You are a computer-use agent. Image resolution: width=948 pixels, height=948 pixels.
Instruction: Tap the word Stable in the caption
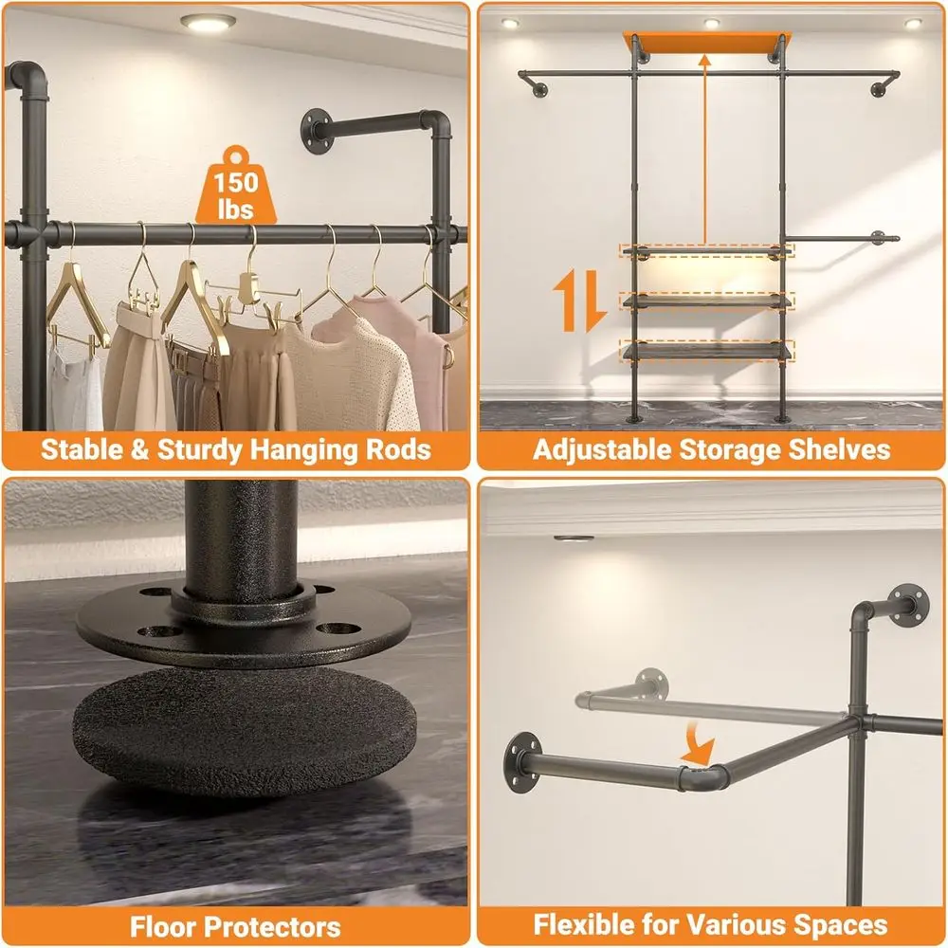click(x=81, y=448)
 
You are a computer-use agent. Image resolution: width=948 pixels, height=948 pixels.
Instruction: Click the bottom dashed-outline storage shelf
click(x=706, y=350)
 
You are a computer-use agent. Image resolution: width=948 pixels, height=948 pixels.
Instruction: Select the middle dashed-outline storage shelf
click(x=706, y=300)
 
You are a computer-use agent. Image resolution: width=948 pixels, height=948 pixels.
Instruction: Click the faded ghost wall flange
click(x=651, y=680)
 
